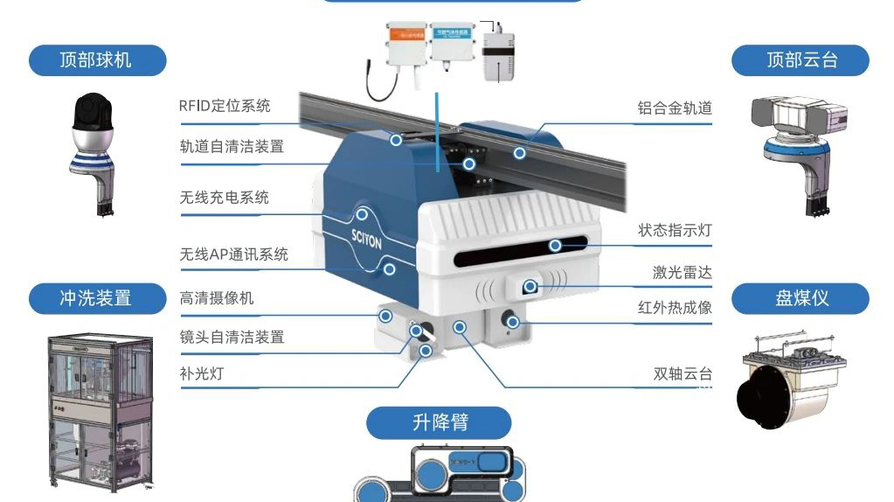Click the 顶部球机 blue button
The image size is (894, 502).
tap(96, 60)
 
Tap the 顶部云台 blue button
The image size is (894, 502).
tap(800, 60)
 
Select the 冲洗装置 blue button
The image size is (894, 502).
tap(96, 298)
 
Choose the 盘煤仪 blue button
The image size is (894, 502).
tap(800, 298)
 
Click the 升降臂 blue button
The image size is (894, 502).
tap(439, 422)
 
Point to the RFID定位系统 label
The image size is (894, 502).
tap(225, 106)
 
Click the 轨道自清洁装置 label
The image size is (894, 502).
tap(232, 146)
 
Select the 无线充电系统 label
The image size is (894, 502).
tap(224, 198)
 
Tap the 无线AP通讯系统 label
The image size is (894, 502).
tap(233, 254)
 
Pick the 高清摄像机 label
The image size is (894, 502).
tap(216, 298)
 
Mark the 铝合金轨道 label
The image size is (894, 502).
tap(675, 108)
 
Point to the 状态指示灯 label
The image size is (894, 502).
tap(675, 231)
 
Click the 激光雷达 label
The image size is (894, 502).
tap(682, 273)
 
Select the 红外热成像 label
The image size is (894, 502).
tap(675, 308)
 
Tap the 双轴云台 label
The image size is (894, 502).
tap(682, 374)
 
